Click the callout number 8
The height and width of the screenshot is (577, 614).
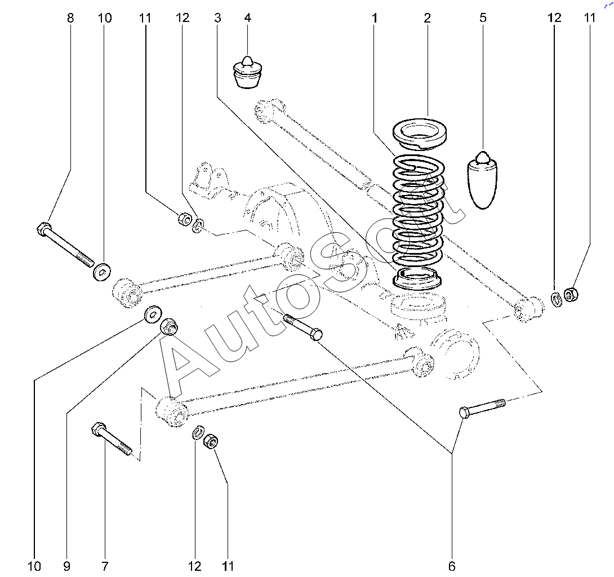tap(70, 18)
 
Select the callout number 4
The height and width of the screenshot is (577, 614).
tap(247, 18)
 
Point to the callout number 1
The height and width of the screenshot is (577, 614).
tap(375, 18)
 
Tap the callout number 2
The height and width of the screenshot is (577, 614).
tap(428, 18)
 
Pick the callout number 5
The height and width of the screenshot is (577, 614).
tap(483, 18)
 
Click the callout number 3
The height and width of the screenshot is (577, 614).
tap(217, 18)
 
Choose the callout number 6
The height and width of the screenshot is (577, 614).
tap(452, 566)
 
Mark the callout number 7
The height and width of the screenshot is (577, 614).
tap(105, 566)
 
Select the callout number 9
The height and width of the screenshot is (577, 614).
tap(66, 566)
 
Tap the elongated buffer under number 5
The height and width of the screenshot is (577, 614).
tap(482, 180)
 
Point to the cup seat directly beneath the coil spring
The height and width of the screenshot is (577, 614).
tap(417, 279)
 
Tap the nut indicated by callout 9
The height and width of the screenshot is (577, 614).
tap(169, 326)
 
